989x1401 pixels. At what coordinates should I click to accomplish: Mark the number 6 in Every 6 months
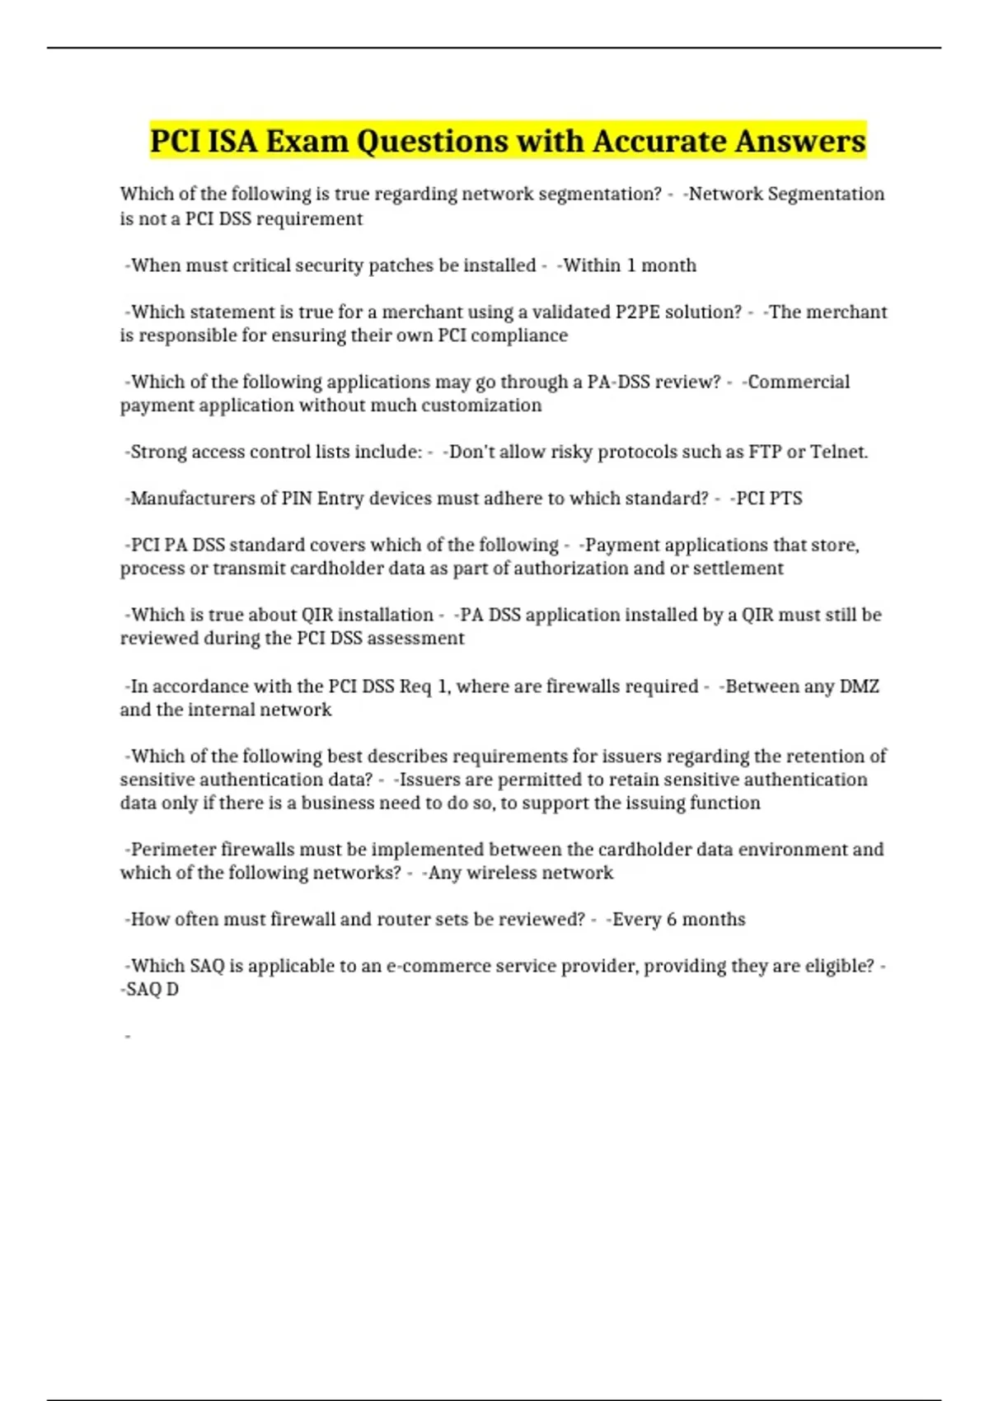672,920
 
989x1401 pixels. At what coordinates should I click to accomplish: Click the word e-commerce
443,966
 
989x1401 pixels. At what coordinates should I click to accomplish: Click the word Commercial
799,382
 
